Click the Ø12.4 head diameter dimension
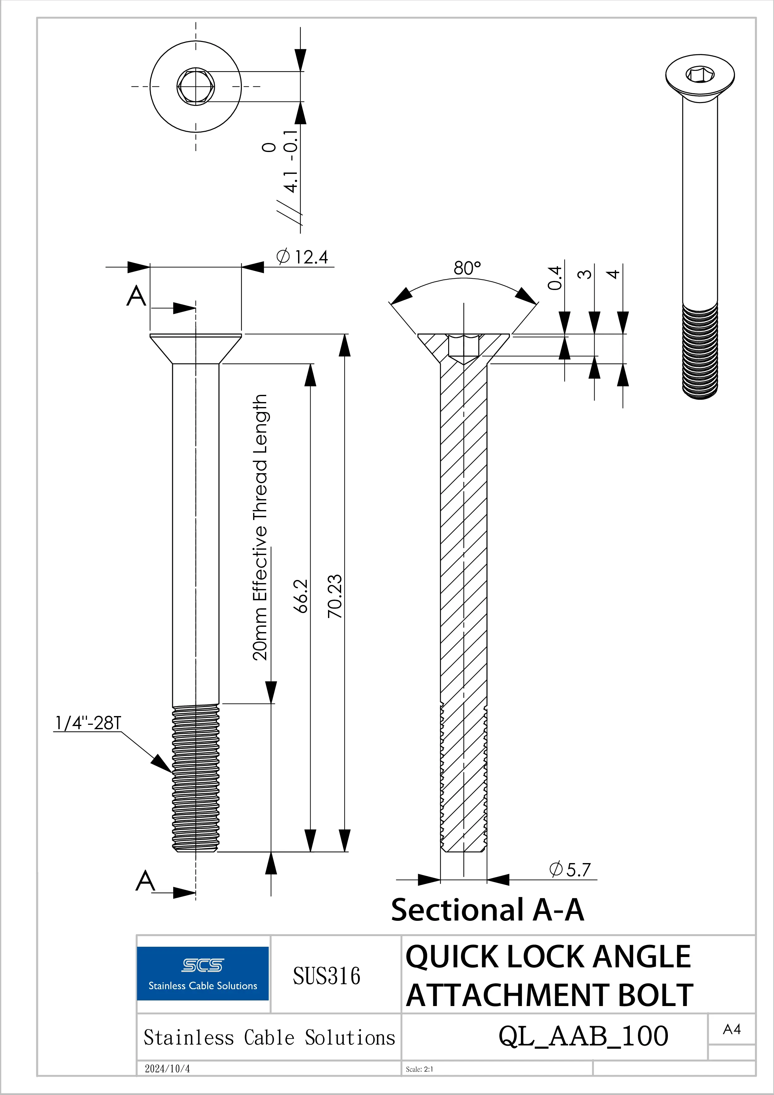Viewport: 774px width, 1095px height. click(302, 257)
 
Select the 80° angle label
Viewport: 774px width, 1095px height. click(467, 268)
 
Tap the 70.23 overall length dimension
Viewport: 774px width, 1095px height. click(335, 596)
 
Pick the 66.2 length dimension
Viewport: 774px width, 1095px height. click(301, 596)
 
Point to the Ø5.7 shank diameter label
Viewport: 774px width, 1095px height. click(571, 869)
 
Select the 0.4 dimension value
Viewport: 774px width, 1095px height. click(555, 278)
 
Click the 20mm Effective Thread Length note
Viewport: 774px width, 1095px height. click(260, 527)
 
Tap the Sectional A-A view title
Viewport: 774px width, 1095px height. click(487, 910)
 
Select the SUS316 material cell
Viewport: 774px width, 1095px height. click(327, 976)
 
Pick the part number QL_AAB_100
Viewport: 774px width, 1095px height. click(583, 1036)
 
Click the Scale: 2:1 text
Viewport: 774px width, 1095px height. click(420, 1069)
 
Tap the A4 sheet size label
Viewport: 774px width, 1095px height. click(732, 1030)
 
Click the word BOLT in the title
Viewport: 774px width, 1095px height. click(655, 995)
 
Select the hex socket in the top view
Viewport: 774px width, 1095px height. click(195, 86)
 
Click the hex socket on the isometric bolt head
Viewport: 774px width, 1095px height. click(700, 74)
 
